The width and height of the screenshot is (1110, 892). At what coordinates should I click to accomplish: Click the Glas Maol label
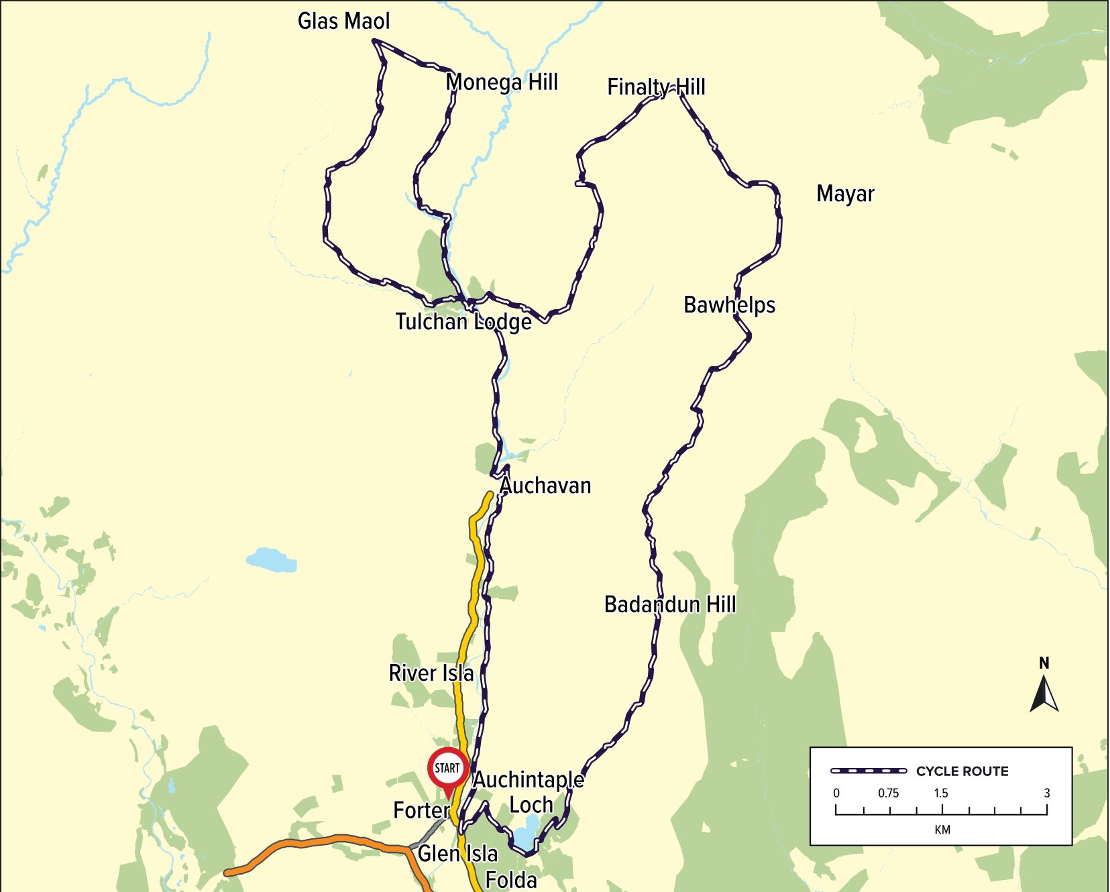343,21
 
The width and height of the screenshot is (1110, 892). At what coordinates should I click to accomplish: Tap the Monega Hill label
502,82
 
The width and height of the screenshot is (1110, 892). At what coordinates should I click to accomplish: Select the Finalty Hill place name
656,87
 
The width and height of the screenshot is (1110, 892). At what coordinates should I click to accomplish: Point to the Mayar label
845,194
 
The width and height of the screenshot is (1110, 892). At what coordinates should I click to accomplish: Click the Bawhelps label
729,305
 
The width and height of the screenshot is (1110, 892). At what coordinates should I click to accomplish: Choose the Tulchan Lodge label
463,322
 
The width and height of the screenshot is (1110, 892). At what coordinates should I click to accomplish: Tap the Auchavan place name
545,486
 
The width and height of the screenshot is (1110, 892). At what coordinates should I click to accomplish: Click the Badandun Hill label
670,604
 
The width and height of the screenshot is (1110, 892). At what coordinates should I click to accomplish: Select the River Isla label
431,673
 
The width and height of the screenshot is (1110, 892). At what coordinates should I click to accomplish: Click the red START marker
447,769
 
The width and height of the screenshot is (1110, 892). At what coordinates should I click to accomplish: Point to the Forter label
421,810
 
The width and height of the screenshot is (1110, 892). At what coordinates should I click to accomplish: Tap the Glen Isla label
457,854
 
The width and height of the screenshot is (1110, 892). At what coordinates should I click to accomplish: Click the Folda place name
511,880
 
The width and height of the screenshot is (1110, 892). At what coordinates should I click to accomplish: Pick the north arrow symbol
1044,693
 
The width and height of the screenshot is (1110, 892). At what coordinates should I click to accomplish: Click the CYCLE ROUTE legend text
962,771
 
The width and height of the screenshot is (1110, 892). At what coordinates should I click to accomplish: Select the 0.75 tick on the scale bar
888,793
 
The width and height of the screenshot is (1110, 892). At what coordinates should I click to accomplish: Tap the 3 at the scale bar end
1046,793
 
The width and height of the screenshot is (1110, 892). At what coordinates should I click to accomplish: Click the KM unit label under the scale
942,830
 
